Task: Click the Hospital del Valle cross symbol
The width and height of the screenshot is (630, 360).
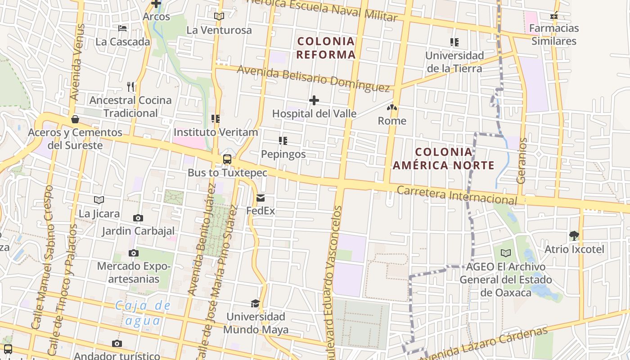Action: coord(314,100)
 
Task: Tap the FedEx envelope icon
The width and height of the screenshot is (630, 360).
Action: coord(261,198)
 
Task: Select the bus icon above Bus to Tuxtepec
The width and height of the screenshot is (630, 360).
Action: coord(227,159)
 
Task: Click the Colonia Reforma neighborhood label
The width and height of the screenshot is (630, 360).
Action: coord(326,48)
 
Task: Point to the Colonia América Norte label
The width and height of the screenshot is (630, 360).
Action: coord(444,158)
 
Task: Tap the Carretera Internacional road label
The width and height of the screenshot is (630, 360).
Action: coord(457,194)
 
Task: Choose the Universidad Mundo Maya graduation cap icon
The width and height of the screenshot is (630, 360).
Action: coord(256,303)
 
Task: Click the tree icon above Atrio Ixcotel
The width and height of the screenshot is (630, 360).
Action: coord(574,235)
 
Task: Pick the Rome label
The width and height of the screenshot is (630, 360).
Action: coord(392,121)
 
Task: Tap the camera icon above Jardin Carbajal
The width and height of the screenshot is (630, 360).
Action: coord(138,218)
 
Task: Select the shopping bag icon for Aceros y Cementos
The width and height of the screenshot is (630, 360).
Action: coord(75,119)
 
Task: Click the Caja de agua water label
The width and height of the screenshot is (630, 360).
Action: coord(143,313)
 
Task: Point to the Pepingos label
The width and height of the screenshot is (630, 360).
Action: coord(283,154)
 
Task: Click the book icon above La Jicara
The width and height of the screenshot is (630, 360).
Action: coord(99,200)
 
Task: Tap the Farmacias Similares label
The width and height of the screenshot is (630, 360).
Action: coord(554,35)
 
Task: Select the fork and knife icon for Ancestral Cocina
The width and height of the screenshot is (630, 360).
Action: coord(130,86)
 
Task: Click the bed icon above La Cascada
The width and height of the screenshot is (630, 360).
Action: coord(122,28)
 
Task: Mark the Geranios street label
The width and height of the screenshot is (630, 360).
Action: coord(522,161)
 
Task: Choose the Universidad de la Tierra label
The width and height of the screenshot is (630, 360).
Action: coord(454,62)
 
